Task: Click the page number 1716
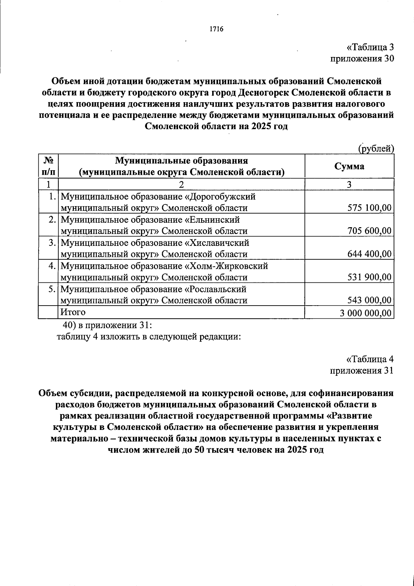[x=216, y=29]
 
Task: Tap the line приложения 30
[x=362, y=59]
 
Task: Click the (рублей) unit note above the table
[x=376, y=148]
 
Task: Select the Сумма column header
[x=349, y=166]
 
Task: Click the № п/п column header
[x=49, y=166]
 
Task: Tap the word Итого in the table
[x=73, y=312]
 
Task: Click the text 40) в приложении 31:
[x=107, y=325]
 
